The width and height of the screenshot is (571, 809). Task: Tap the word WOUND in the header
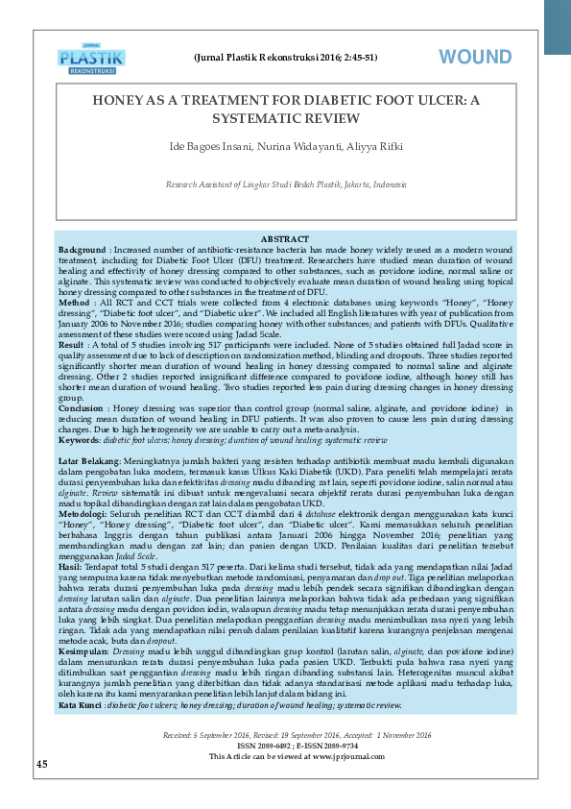[x=476, y=58]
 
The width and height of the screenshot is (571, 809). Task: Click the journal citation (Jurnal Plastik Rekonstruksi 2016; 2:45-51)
[x=285, y=58]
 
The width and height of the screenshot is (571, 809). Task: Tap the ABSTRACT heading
[x=284, y=238]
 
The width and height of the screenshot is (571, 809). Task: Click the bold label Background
[x=82, y=248]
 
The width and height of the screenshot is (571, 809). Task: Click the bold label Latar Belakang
[x=92, y=462]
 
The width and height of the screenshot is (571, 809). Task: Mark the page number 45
[x=41, y=763]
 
